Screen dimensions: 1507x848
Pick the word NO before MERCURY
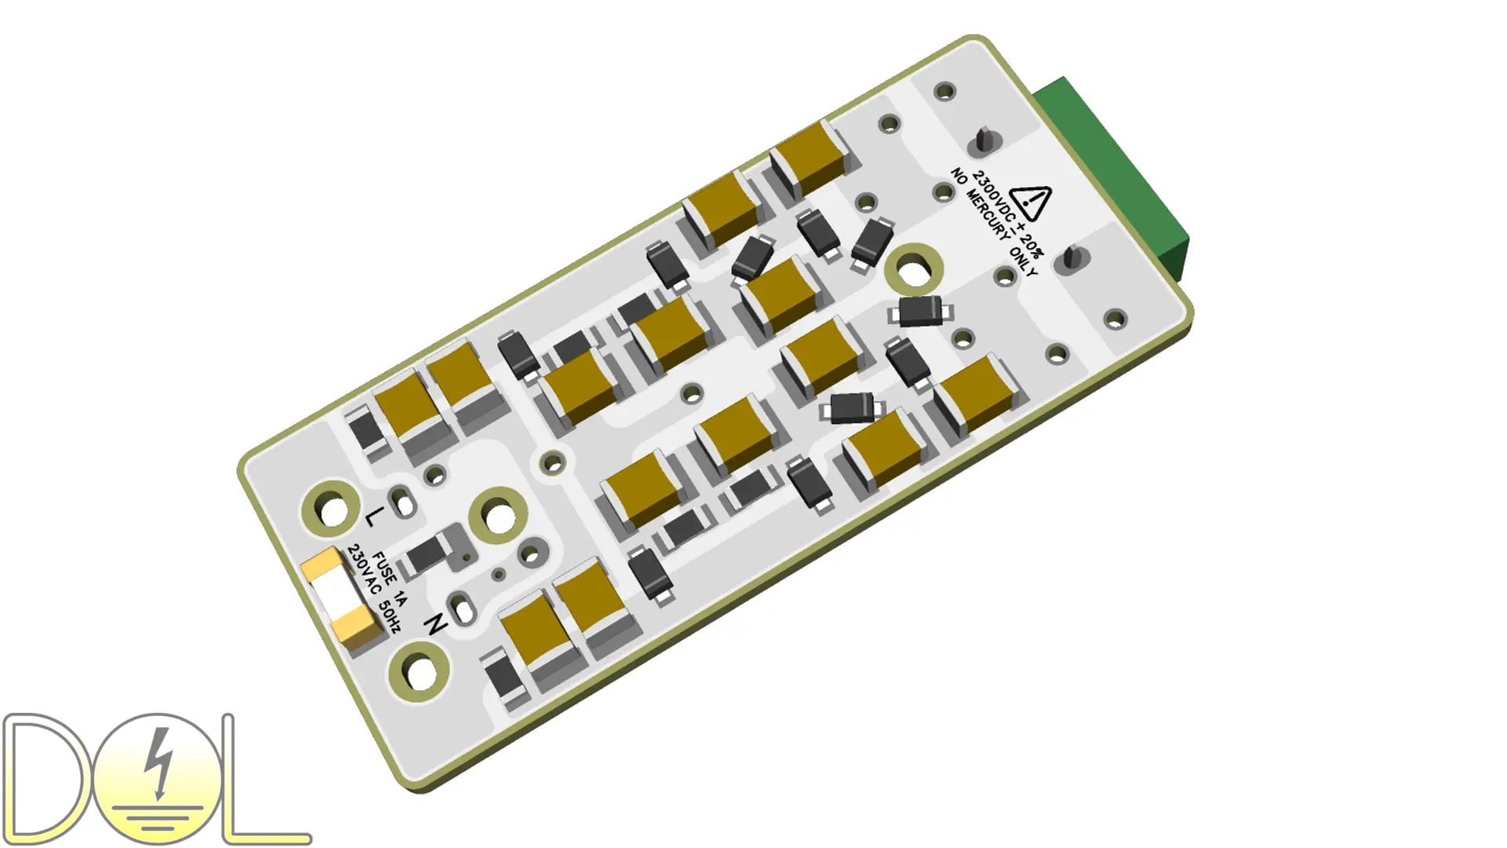click(x=958, y=176)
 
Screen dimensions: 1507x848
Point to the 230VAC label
click(x=363, y=569)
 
